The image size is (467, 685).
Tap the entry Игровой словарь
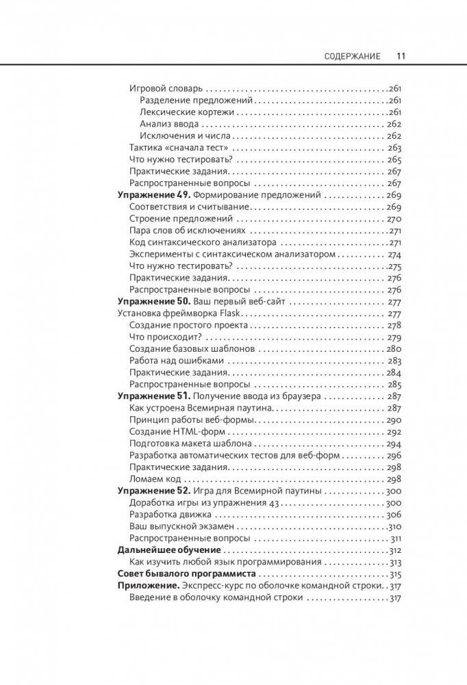(166, 88)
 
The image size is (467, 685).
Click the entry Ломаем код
(152, 479)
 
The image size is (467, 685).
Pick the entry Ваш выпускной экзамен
(181, 526)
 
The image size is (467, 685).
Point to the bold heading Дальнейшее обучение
(170, 550)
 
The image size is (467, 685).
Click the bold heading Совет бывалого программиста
(186, 573)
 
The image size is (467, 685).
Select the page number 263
(394, 148)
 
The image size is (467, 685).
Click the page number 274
(394, 254)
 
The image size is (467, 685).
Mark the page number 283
(394, 361)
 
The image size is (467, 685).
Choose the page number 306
(393, 515)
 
